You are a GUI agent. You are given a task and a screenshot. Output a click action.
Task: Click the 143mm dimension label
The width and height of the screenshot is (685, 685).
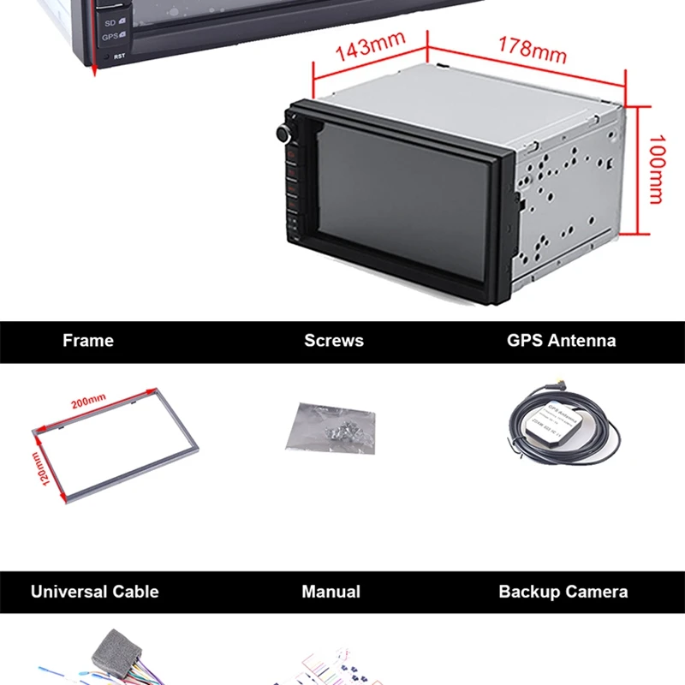click(369, 48)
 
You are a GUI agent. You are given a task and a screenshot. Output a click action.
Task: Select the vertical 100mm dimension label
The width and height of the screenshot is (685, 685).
click(656, 169)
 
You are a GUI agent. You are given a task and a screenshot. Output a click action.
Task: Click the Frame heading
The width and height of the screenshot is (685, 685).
click(88, 341)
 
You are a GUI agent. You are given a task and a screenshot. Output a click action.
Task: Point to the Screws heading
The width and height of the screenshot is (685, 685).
click(334, 341)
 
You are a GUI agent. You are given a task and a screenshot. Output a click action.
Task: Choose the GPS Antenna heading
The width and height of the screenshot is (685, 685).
click(561, 341)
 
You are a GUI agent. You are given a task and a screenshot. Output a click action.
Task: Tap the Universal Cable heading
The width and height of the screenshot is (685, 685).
click(95, 592)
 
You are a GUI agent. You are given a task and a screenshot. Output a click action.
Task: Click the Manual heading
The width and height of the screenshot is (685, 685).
click(331, 592)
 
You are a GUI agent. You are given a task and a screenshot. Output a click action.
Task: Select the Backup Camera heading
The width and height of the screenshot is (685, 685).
click(563, 592)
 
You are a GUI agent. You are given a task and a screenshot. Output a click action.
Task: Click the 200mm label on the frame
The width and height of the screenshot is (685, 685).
click(89, 399)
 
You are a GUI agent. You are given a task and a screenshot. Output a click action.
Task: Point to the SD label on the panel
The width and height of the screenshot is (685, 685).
click(110, 21)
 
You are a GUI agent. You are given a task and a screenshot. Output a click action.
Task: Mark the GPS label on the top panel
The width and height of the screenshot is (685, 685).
click(110, 36)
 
